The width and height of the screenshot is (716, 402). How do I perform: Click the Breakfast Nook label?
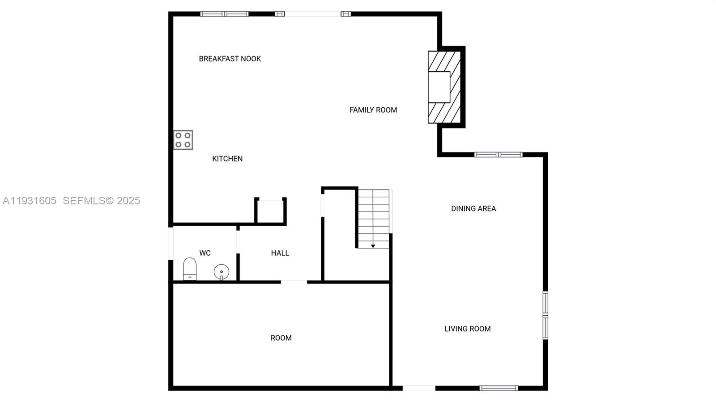230,59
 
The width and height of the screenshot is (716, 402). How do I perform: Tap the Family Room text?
373,110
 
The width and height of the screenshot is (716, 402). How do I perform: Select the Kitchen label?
227,159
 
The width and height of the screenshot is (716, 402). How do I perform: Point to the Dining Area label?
473,208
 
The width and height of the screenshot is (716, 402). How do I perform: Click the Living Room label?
468,329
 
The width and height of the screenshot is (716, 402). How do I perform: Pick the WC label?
205,253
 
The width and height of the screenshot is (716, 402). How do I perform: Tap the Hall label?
280,253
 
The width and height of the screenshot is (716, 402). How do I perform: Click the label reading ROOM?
281,338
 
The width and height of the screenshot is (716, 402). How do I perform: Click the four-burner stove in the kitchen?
183,140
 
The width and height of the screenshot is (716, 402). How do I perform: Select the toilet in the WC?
190,269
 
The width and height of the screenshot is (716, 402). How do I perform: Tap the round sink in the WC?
222,271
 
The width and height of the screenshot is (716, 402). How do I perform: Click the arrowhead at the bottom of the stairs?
373,246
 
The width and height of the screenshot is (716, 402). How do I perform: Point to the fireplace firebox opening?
439,87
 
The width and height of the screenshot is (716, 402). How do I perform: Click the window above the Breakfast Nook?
224,14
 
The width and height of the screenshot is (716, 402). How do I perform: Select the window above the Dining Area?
498,155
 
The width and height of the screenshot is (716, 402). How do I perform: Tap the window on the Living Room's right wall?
546,315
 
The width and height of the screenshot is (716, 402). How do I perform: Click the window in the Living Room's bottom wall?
499,388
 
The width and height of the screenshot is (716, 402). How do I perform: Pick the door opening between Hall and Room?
294,282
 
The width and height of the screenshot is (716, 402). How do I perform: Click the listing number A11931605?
30,201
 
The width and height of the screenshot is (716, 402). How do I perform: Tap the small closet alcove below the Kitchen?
270,211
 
